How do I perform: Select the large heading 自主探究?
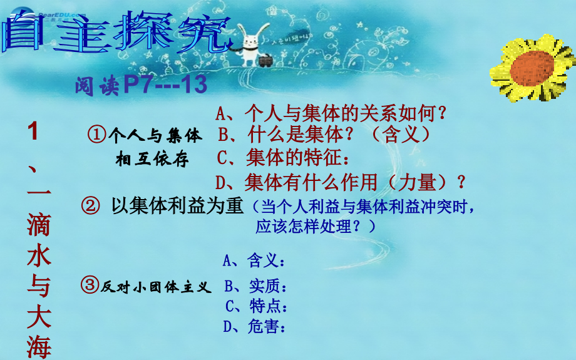tap(113, 32)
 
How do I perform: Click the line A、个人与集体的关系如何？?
tap(332, 113)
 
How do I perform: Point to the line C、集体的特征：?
tap(281, 157)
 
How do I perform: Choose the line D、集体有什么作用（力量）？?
tap(341, 182)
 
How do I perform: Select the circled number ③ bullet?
tap(89, 287)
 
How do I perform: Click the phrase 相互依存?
tap(152, 160)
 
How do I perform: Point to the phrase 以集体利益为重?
tap(176, 205)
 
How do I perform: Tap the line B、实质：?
tap(255, 287)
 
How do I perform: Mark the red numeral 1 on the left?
tap(34, 133)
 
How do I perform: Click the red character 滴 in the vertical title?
tap(38, 225)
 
